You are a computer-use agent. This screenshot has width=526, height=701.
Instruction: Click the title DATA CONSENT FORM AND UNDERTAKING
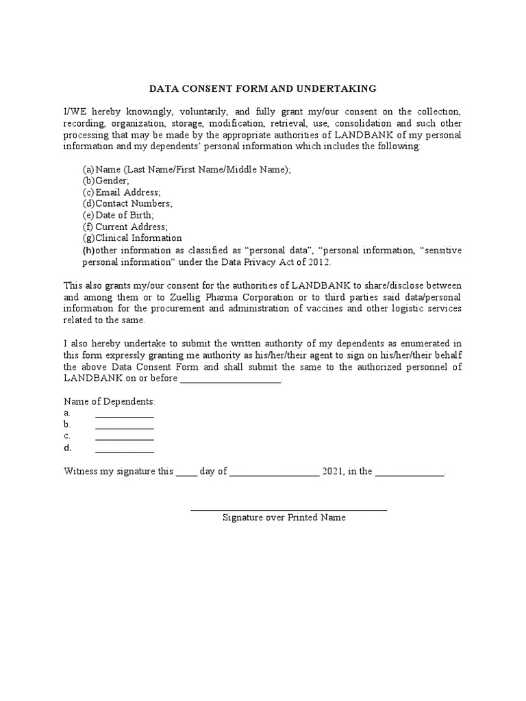point(263,88)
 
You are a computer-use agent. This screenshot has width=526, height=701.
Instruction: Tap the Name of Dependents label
point(110,400)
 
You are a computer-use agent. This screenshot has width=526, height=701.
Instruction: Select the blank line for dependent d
point(124,450)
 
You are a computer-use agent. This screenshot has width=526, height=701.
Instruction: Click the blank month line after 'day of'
point(274,474)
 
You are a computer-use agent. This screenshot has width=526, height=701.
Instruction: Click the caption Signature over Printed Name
point(284,518)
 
